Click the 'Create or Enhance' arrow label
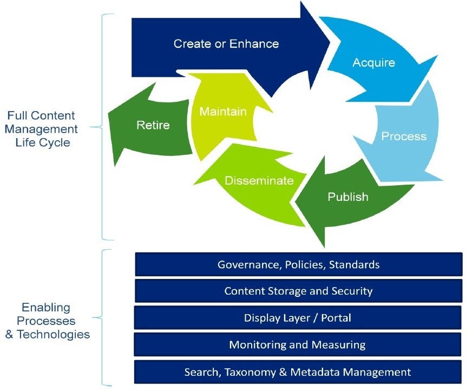(226, 44)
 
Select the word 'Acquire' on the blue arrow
(373, 63)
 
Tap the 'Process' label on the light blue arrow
(404, 136)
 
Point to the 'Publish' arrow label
(348, 197)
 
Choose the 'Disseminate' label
(259, 180)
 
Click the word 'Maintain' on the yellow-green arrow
(223, 112)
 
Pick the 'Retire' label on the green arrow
(153, 125)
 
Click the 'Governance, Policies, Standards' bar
(298, 264)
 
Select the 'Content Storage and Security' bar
(298, 291)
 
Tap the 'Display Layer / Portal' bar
(297, 317)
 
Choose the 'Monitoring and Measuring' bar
(297, 344)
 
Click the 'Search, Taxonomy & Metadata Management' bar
(297, 372)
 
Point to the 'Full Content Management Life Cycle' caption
(42, 129)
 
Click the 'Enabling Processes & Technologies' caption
(47, 321)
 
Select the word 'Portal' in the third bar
(336, 317)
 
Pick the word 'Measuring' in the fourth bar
(339, 344)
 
